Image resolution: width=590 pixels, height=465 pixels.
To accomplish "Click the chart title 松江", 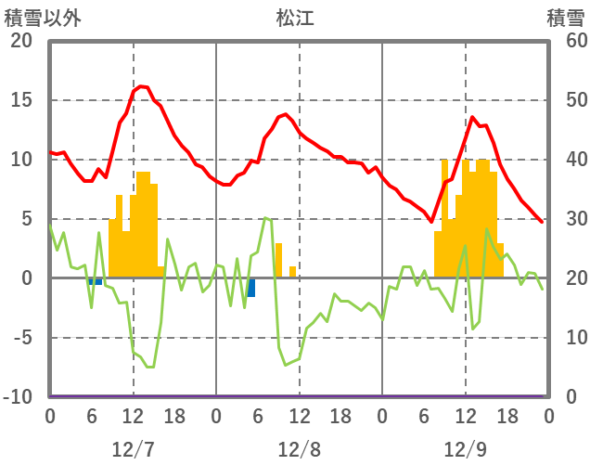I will [x=295, y=18].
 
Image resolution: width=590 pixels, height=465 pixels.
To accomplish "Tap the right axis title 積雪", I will [x=565, y=18].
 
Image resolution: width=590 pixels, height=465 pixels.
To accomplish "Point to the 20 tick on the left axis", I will [x=20, y=41].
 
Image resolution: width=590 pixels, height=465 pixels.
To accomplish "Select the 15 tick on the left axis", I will [x=20, y=100].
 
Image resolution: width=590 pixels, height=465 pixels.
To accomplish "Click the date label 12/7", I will [x=133, y=449].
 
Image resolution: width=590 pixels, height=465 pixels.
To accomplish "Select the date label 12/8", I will [x=299, y=449].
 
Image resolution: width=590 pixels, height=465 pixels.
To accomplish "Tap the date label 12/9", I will [x=465, y=449].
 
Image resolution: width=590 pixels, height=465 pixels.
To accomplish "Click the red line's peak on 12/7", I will [x=140, y=86].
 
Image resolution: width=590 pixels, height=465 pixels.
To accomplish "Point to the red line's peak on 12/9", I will [x=472, y=117].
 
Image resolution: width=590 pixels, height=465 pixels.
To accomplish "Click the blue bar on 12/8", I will [x=250, y=287].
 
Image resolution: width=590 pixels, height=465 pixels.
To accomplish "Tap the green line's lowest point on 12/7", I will [x=147, y=368].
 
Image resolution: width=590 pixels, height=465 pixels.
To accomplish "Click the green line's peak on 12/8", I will [x=265, y=218].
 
